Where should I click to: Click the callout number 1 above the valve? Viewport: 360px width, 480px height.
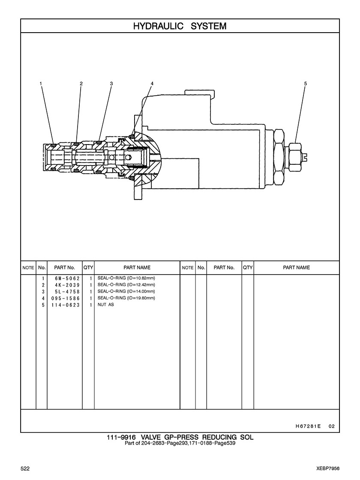pyautogui.click(x=41, y=83)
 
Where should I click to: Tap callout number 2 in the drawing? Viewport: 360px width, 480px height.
pyautogui.click(x=81, y=83)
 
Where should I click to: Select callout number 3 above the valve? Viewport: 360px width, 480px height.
pyautogui.click(x=111, y=83)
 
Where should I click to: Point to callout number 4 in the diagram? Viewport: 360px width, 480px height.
pyautogui.click(x=152, y=83)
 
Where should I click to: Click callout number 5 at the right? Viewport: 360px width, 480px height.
pyautogui.click(x=305, y=83)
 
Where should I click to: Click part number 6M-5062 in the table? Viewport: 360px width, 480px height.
pyautogui.click(x=67, y=278)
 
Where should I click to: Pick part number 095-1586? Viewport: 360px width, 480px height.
pyautogui.click(x=66, y=298)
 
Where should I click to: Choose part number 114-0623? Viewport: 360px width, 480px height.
pyautogui.click(x=66, y=305)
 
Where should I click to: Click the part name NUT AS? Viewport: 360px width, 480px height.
pyautogui.click(x=105, y=305)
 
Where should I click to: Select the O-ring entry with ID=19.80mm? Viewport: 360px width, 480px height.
pyautogui.click(x=126, y=298)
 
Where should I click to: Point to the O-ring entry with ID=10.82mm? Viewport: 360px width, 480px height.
pyautogui.click(x=126, y=278)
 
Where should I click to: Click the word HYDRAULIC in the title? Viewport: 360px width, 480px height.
pyautogui.click(x=158, y=26)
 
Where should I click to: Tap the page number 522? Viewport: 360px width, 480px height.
pyautogui.click(x=25, y=469)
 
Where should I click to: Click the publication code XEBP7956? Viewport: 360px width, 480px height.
pyautogui.click(x=328, y=469)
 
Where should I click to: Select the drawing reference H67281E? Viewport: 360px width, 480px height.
pyautogui.click(x=308, y=426)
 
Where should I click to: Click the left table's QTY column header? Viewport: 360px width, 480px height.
pyautogui.click(x=88, y=268)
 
